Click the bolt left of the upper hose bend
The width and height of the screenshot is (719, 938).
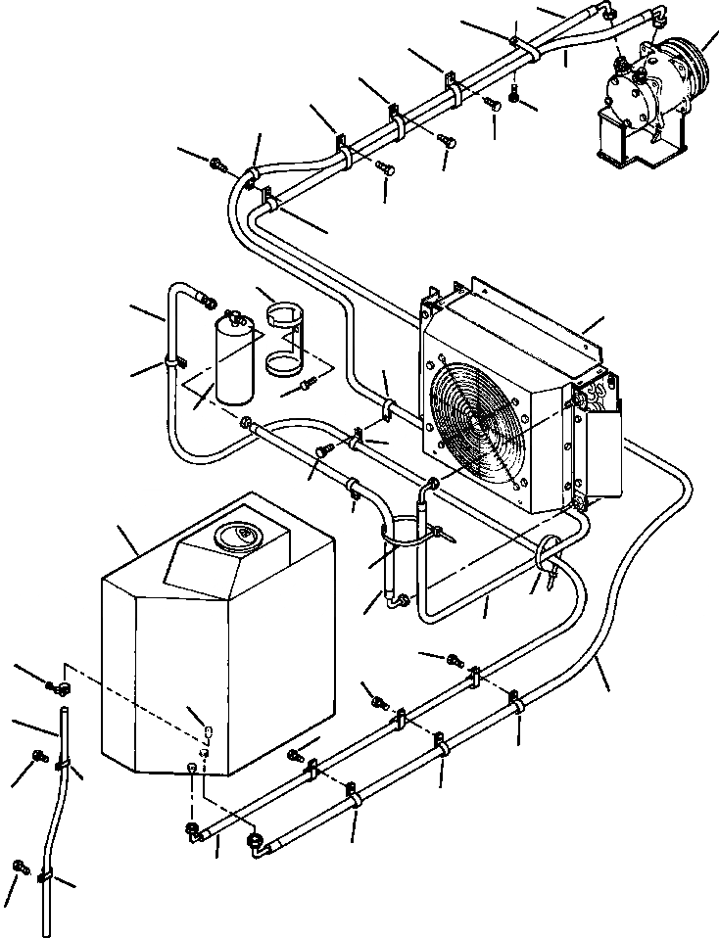pos(217,162)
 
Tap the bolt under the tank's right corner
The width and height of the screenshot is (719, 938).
pos(296,756)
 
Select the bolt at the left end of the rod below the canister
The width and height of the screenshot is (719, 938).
pos(245,423)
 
